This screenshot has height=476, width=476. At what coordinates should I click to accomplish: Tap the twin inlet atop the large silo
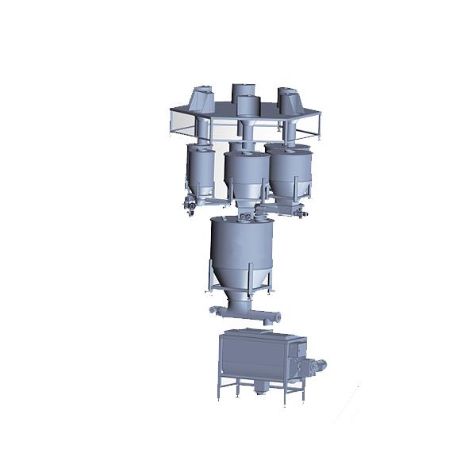click(x=248, y=216)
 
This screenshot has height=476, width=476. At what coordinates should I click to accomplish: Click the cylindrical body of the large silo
click(x=243, y=246)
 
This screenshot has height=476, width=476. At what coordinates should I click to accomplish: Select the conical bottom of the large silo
click(x=242, y=286)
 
